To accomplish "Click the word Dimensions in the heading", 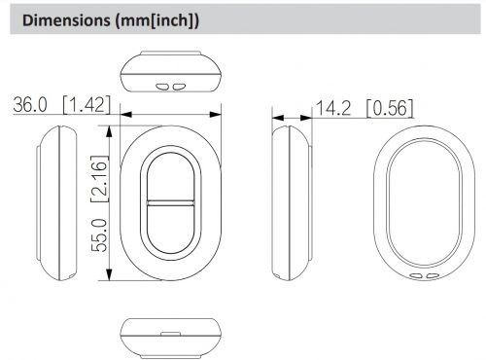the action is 66,20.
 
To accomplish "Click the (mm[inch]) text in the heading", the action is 156,21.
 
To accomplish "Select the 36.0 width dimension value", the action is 30,105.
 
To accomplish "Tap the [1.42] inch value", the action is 87,105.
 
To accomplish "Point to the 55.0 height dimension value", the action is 99,235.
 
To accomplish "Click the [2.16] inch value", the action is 99,179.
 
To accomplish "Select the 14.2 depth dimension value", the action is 333,108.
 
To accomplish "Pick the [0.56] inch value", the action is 390,108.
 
